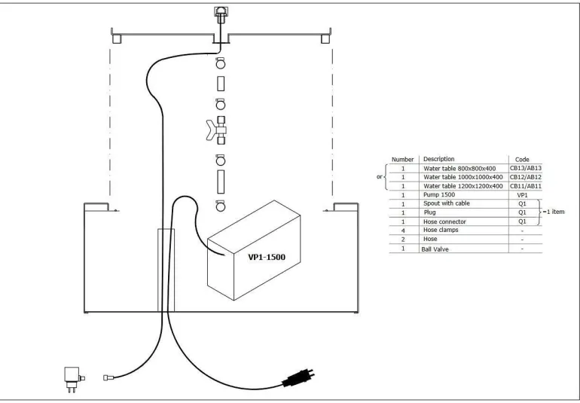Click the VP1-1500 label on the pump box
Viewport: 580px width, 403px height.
tap(267, 257)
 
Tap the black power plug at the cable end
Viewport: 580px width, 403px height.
tap(298, 377)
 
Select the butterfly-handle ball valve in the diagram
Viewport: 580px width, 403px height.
tap(217, 130)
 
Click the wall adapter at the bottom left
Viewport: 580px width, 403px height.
tap(74, 380)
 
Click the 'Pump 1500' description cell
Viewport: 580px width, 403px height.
tap(439, 194)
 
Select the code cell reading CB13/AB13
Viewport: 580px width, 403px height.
tap(525, 169)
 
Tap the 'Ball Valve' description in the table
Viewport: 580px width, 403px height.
tap(435, 249)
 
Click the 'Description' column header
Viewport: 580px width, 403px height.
tap(438, 159)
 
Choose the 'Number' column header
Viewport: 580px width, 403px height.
tap(402, 160)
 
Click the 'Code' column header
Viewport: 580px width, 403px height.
tap(522, 160)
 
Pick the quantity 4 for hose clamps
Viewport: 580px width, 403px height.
tap(403, 231)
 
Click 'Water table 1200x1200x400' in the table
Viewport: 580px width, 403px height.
tap(463, 186)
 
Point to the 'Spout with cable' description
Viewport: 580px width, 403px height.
tap(447, 203)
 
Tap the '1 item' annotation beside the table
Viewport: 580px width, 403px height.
tap(554, 212)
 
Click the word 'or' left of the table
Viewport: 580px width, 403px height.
tap(379, 177)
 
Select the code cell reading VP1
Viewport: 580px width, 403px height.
tap(522, 195)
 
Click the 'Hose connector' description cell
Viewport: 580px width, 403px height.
tap(444, 221)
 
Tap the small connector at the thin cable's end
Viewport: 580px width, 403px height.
tap(108, 378)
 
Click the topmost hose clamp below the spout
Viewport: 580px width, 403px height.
tap(221, 63)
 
